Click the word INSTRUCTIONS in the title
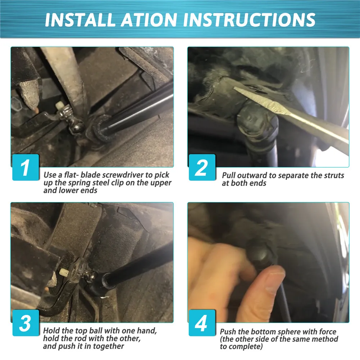coord(249,20)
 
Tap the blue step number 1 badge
coord(26,167)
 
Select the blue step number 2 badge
coord(202,167)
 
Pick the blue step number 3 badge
coord(26,323)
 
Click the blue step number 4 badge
coord(202,323)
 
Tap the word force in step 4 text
coord(327,332)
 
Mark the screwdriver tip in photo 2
coord(235,88)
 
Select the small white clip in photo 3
coord(64,273)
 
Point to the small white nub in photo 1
coord(59,105)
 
